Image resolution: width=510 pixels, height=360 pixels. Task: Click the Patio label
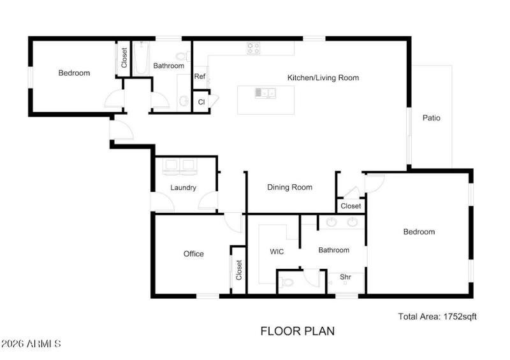432,118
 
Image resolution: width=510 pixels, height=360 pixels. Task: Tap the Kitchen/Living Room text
323,78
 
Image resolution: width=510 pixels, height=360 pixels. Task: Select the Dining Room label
289,187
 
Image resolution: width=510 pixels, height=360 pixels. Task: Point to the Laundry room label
183,188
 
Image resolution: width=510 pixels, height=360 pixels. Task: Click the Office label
194,254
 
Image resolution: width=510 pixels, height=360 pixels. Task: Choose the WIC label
277,252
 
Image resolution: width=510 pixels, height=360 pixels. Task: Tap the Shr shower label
345,277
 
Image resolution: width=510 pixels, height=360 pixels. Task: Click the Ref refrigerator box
200,76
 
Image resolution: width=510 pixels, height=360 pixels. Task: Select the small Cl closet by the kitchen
201,102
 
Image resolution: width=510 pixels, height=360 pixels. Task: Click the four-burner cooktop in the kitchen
253,47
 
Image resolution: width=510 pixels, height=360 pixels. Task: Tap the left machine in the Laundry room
171,167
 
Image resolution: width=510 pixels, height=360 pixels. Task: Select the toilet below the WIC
287,280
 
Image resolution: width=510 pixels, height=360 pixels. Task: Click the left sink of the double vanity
331,223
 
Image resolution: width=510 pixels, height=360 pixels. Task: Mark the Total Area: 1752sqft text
437,316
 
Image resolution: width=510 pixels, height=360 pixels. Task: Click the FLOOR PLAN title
297,331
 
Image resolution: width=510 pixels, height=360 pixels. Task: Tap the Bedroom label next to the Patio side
419,232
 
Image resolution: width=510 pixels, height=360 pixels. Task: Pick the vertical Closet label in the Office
239,271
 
